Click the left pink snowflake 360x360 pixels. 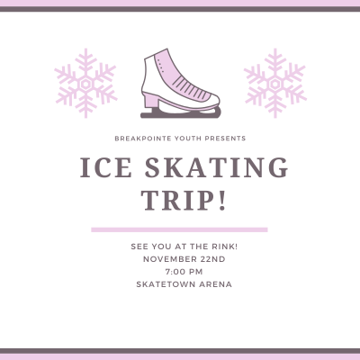[x=85, y=84]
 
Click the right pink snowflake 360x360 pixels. [x=274, y=84]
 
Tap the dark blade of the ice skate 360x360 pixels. [x=181, y=114]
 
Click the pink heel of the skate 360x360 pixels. [x=149, y=100]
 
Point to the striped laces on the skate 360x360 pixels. [x=192, y=88]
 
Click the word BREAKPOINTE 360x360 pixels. [x=143, y=139]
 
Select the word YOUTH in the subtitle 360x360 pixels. [x=188, y=139]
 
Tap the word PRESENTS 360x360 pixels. [x=225, y=139]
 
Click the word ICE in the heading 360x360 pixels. [x=106, y=167]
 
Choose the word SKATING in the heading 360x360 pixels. [x=217, y=167]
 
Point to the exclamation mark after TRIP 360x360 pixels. [x=221, y=201]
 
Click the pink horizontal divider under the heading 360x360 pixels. [x=179, y=229]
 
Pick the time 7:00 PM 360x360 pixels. [x=184, y=272]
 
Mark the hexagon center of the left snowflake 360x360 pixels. [x=85, y=84]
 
